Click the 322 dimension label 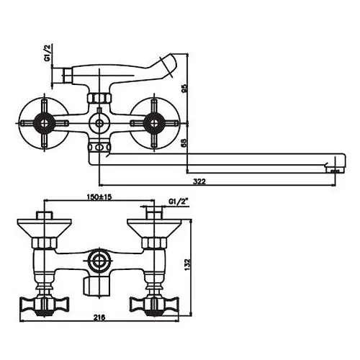click(199, 181)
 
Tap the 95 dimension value click(184, 89)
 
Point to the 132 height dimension click(187, 264)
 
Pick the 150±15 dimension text click(99, 197)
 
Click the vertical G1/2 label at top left click(48, 53)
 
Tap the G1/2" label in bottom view click(179, 202)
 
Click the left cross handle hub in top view click(44, 123)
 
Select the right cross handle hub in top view click(153, 123)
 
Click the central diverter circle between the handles click(99, 123)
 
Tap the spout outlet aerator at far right click(335, 170)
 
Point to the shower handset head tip click(168, 65)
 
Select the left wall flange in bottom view click(45, 228)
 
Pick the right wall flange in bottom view click(154, 228)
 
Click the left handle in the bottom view click(45, 305)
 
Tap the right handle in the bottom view click(154, 305)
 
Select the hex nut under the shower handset click(99, 98)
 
